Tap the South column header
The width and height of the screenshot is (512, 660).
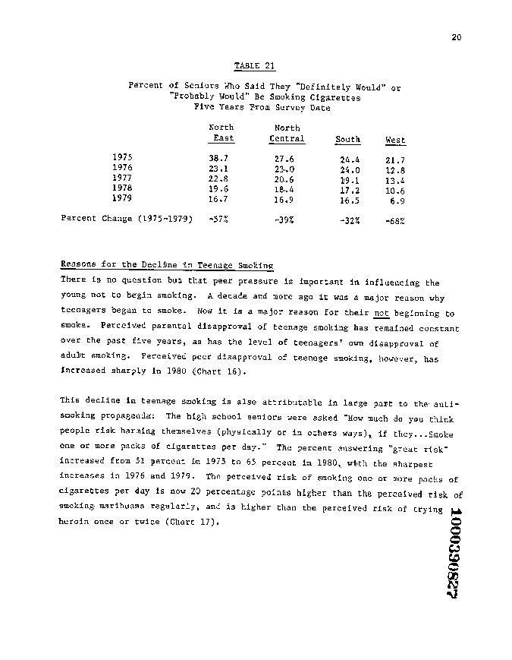pyautogui.click(x=347, y=140)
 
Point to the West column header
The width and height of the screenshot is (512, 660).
pyautogui.click(x=395, y=140)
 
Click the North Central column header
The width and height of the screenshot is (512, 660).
pyautogui.click(x=287, y=134)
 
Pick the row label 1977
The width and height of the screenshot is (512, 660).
pyautogui.click(x=122, y=178)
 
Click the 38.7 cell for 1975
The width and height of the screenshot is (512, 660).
pyautogui.click(x=219, y=158)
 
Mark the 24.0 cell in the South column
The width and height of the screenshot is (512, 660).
pyautogui.click(x=349, y=170)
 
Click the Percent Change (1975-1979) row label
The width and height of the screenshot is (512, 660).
pyautogui.click(x=121, y=219)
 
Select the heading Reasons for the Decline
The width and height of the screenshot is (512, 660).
pyautogui.click(x=166, y=265)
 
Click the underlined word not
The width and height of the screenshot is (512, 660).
pyautogui.click(x=381, y=313)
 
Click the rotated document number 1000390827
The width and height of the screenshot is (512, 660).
pyautogui.click(x=455, y=555)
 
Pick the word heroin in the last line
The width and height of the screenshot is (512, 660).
pyautogui.click(x=74, y=522)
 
